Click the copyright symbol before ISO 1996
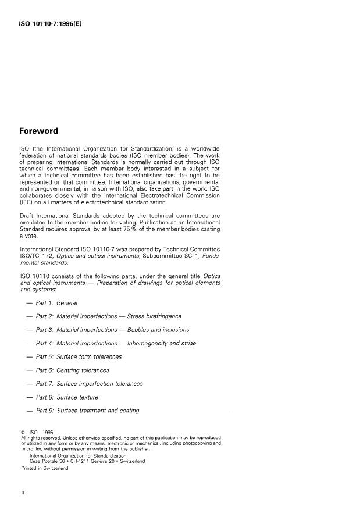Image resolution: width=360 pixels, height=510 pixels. click(22, 432)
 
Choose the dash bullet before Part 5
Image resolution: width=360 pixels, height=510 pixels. click(29, 356)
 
